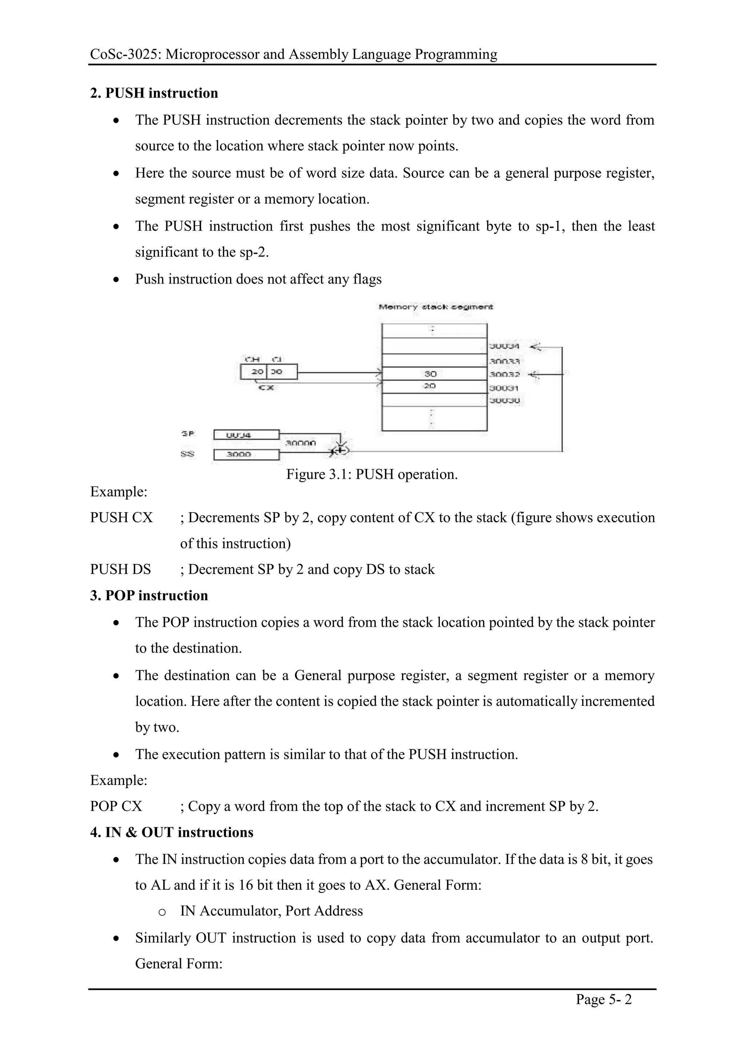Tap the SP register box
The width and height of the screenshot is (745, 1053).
tap(246, 434)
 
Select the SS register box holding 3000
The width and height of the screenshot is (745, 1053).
tap(246, 455)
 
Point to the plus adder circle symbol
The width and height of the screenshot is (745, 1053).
tap(341, 451)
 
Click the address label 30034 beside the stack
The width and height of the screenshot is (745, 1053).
tap(504, 346)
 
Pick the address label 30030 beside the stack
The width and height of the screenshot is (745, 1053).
tap(504, 400)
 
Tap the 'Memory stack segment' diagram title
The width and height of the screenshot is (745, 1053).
tap(435, 307)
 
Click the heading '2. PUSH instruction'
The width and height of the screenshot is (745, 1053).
tap(154, 93)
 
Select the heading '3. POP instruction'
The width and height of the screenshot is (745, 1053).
tap(149, 595)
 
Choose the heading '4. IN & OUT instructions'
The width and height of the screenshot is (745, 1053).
tap(172, 832)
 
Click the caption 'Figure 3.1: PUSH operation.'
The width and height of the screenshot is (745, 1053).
tap(372, 474)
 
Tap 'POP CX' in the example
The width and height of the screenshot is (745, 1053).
tap(116, 806)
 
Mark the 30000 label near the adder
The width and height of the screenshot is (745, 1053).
tap(300, 443)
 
